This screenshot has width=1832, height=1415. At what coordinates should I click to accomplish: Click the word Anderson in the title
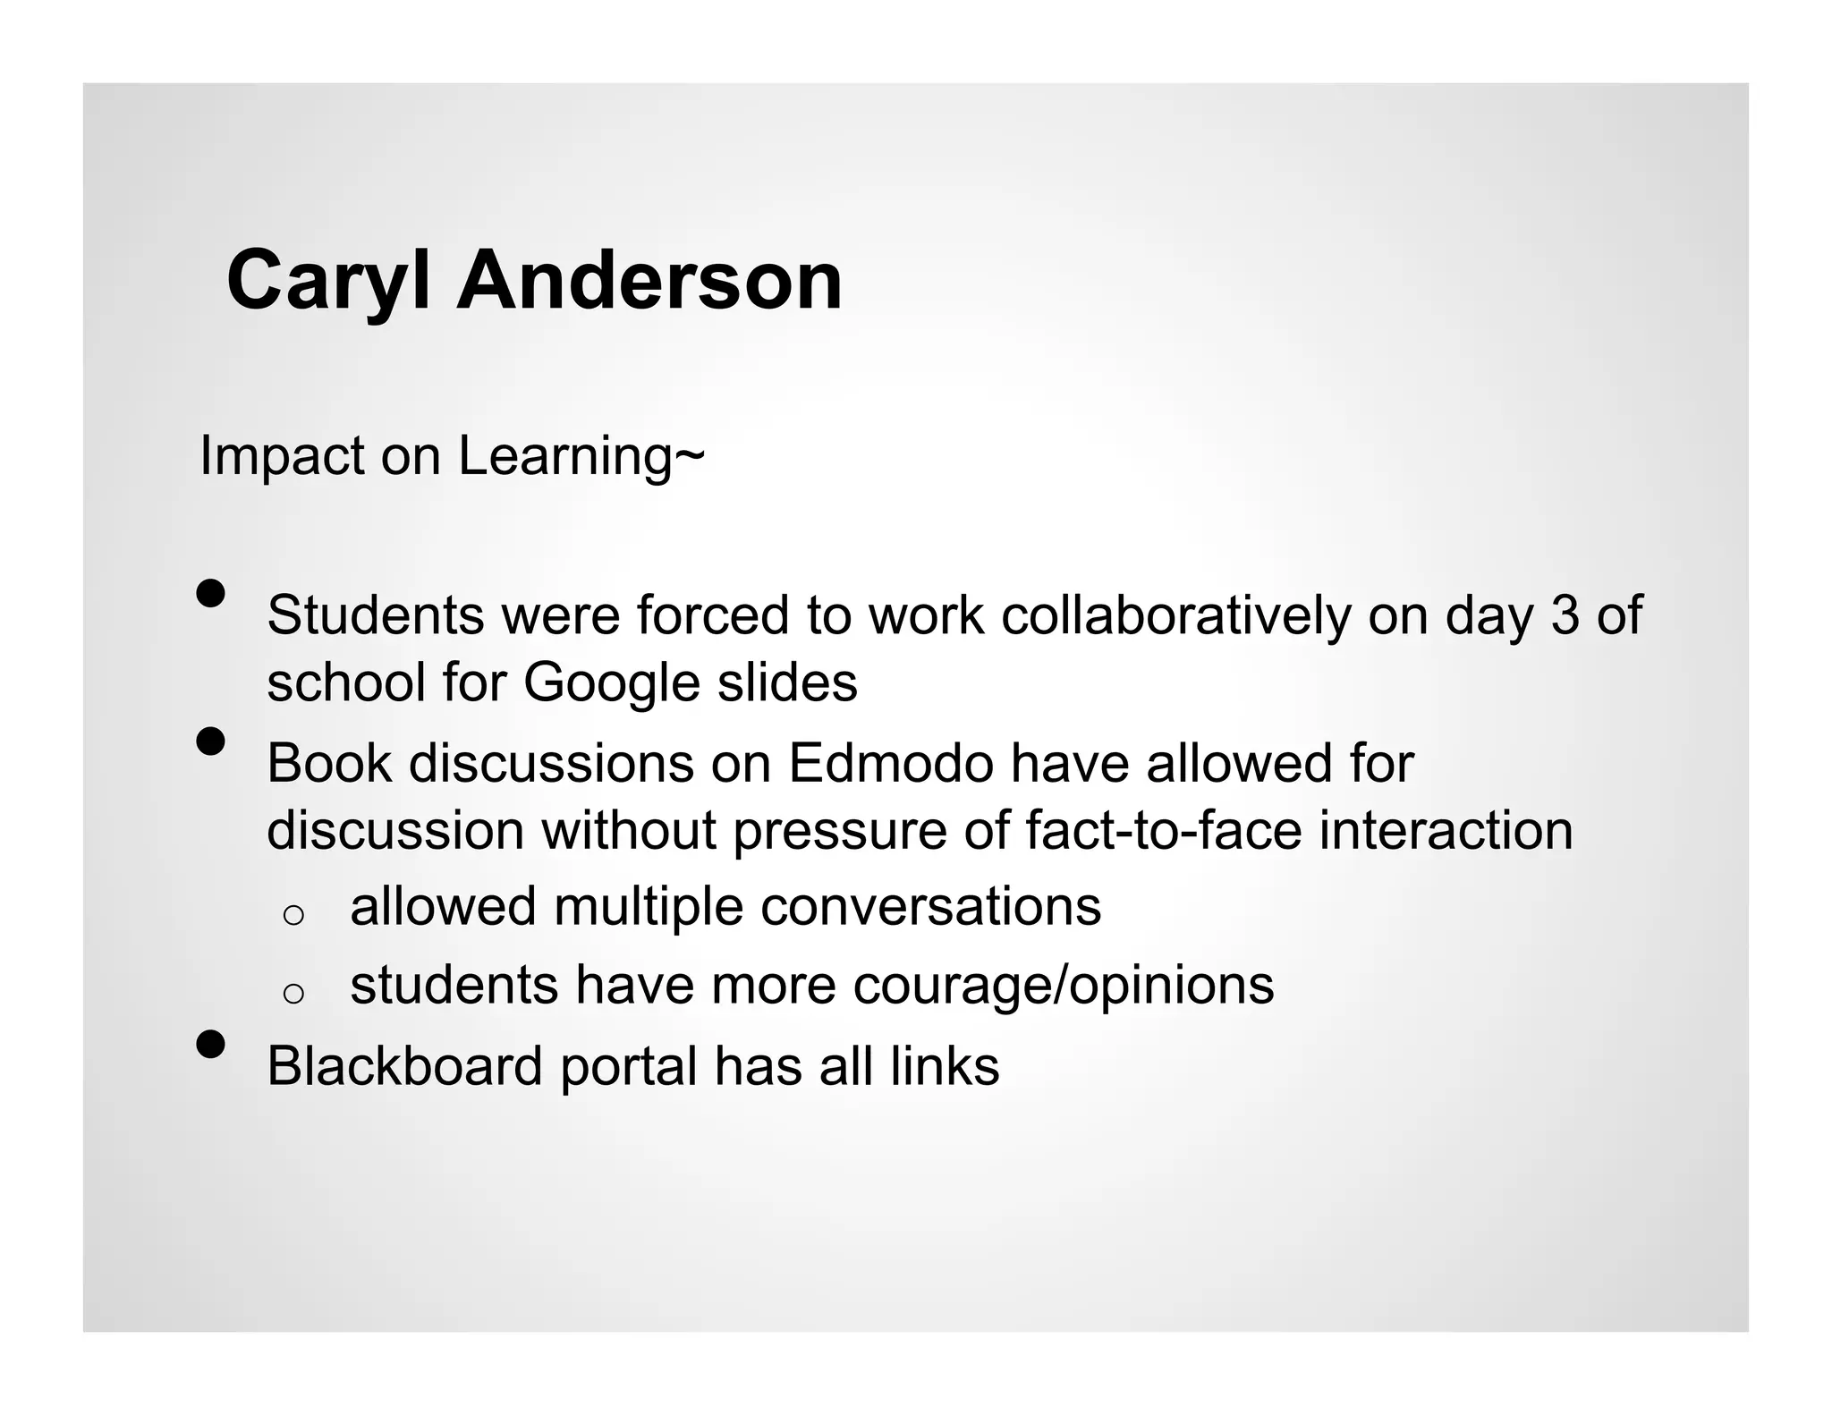point(649,281)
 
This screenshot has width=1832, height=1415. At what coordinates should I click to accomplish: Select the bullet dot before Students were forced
point(211,593)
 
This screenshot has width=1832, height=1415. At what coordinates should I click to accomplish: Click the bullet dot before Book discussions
point(211,741)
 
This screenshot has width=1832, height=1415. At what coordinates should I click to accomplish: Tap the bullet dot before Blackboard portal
point(211,1044)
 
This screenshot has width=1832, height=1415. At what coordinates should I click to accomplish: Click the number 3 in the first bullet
point(1565,615)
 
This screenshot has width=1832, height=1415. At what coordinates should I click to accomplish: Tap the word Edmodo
point(891,764)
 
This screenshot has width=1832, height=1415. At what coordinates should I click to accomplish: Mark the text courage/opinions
point(1064,986)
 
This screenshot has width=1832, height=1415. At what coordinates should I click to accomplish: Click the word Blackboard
point(404,1066)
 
